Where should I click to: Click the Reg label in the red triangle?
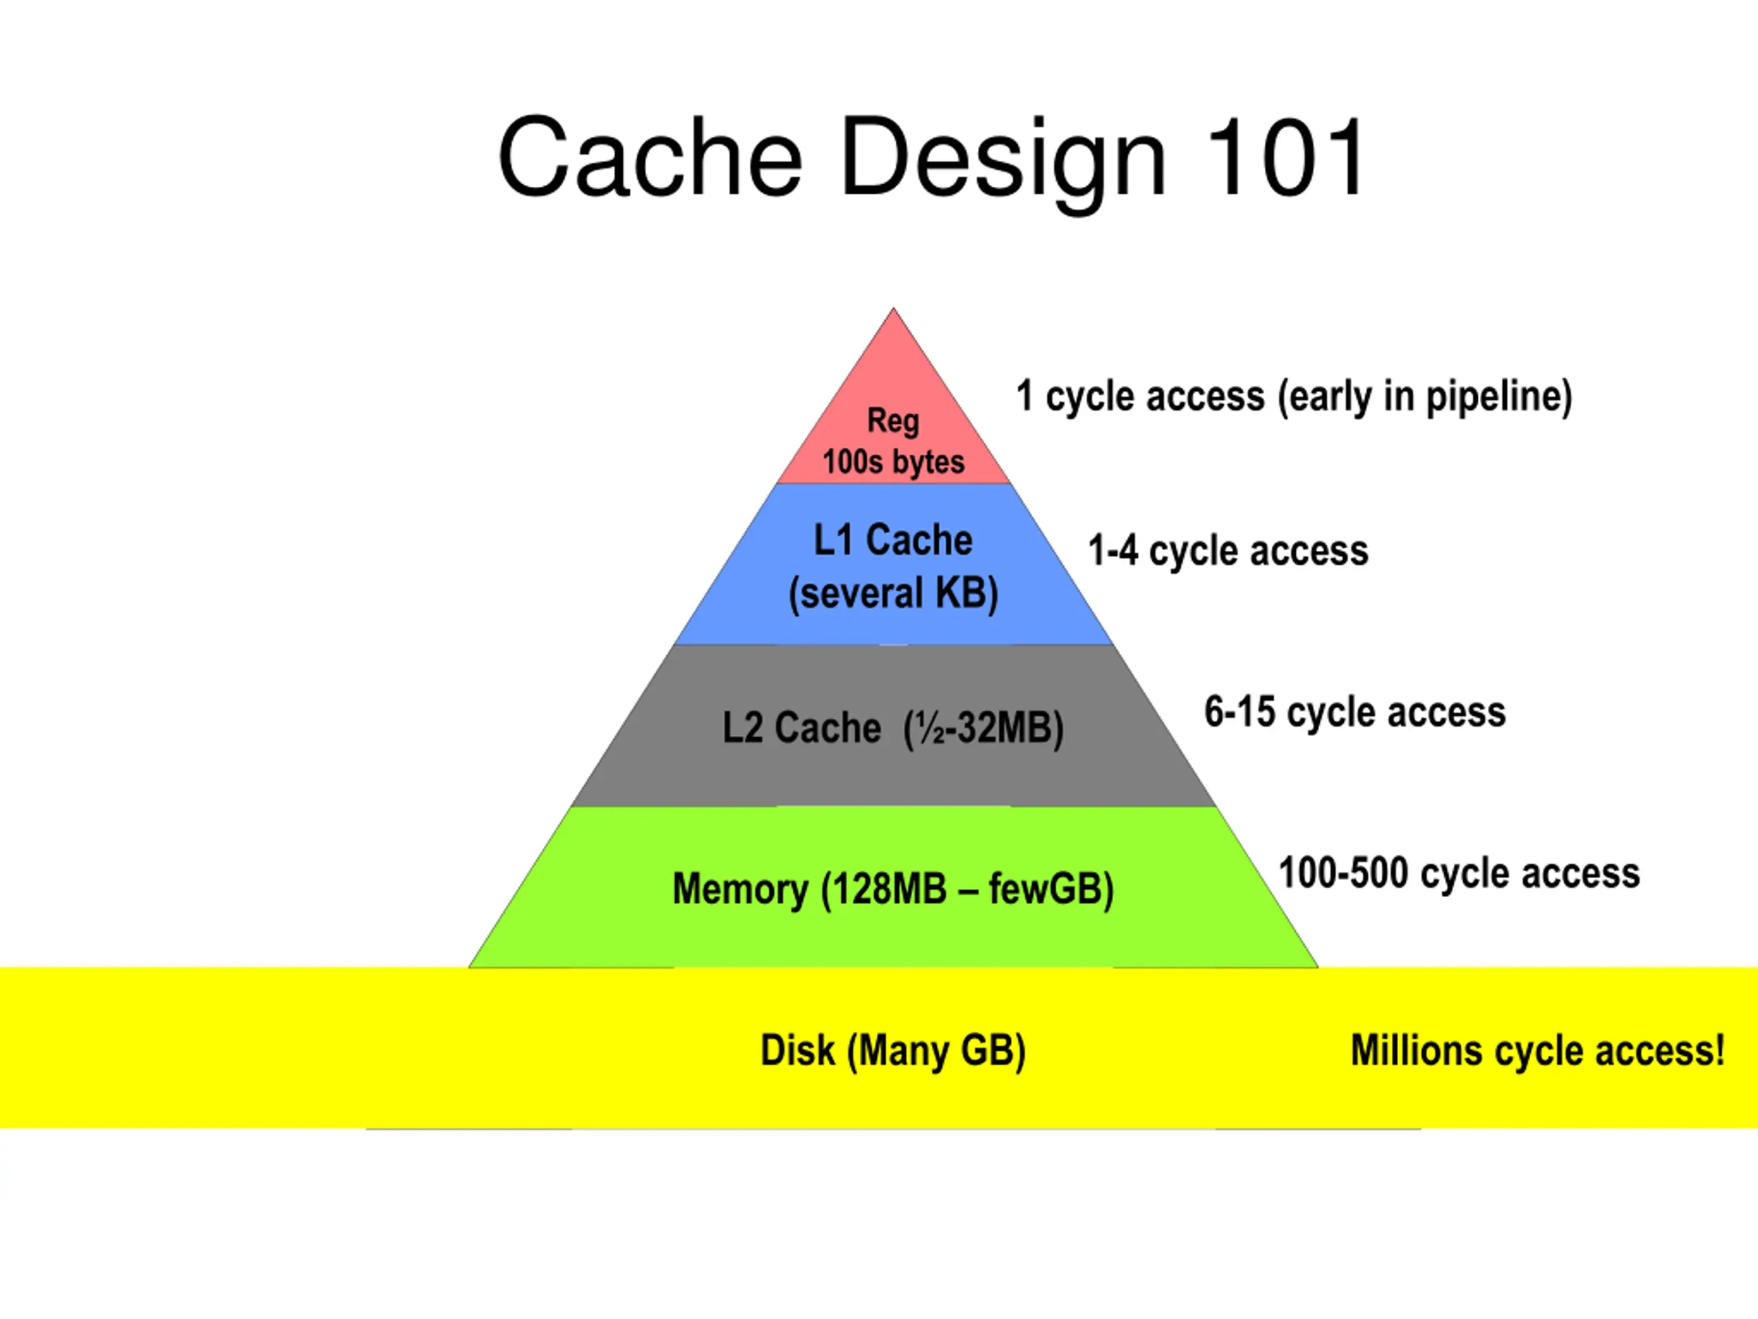pyautogui.click(x=893, y=421)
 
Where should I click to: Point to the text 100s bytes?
pyautogui.click(x=893, y=462)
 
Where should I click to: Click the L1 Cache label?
pyautogui.click(x=893, y=540)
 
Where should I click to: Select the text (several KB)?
pyautogui.click(x=893, y=593)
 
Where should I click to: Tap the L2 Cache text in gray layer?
pyautogui.click(x=801, y=728)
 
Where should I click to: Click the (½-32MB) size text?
pyautogui.click(x=984, y=728)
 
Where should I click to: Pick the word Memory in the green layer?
pyautogui.click(x=740, y=890)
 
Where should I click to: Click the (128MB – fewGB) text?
pyautogui.click(x=967, y=890)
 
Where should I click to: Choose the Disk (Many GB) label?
pyautogui.click(x=893, y=1051)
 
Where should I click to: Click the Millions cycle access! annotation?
pyautogui.click(x=1538, y=1051)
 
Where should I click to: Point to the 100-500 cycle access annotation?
pyautogui.click(x=1459, y=873)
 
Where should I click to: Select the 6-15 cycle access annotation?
pyautogui.click(x=1355, y=712)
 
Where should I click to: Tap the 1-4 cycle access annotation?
pyautogui.click(x=1229, y=551)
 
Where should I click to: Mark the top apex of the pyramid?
pyautogui.click(x=893, y=308)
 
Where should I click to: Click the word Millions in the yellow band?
pyautogui.click(x=1416, y=1050)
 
